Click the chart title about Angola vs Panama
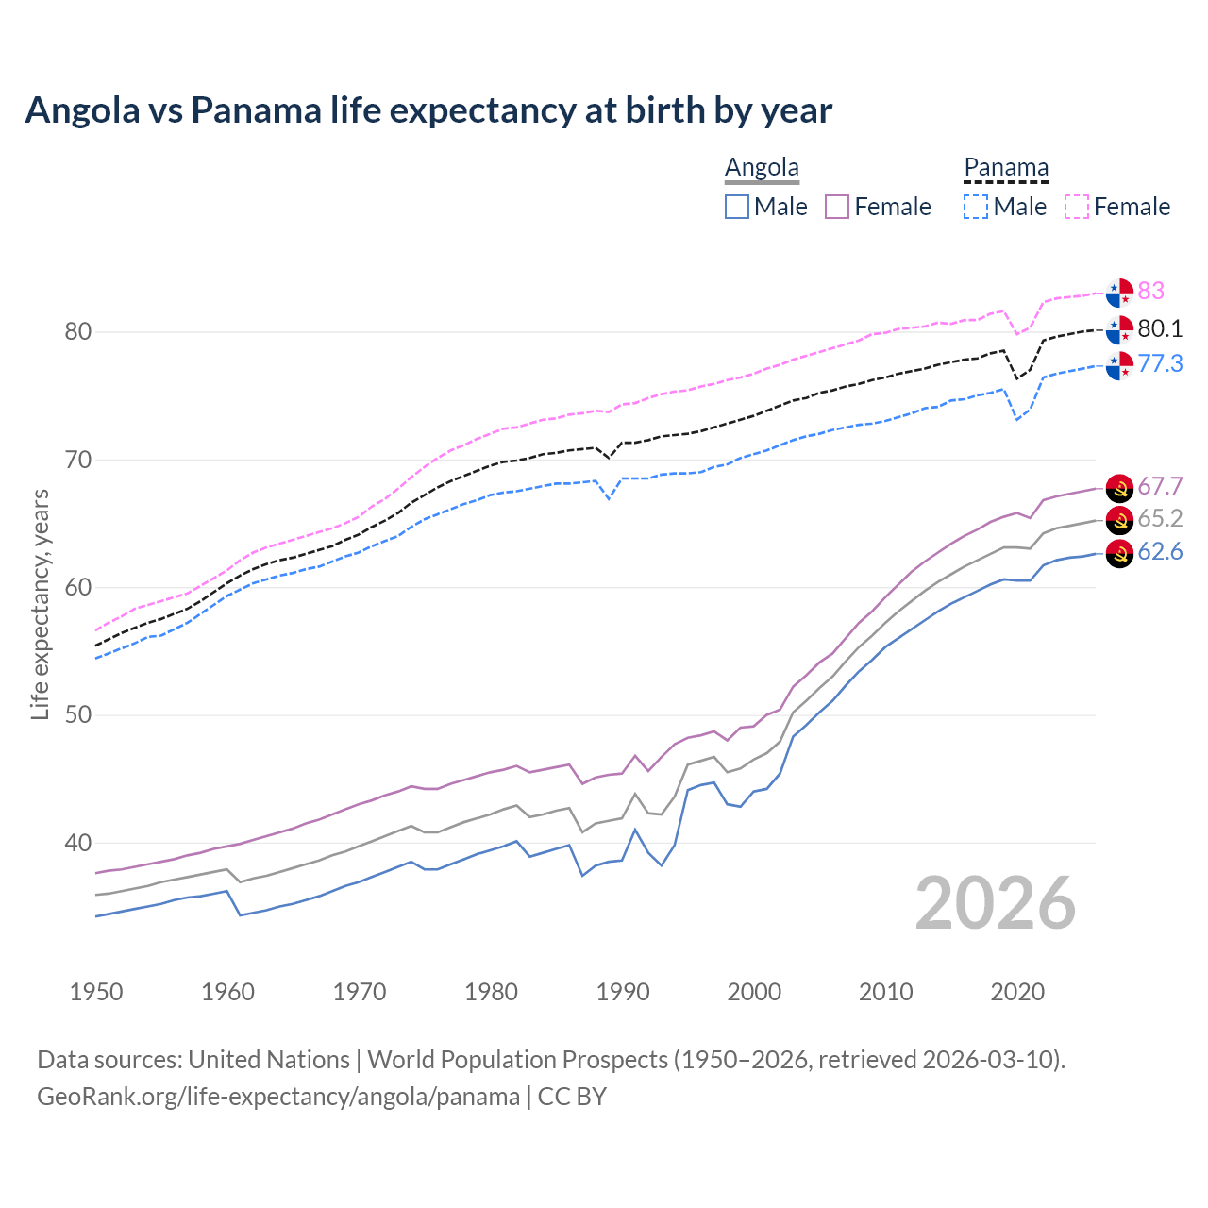point(428,110)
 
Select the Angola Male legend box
point(737,207)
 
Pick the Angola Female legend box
point(837,207)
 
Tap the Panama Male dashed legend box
point(976,207)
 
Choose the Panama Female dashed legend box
point(1077,207)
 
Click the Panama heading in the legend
point(1006,168)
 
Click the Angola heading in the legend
point(762,168)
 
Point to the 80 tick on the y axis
point(78,332)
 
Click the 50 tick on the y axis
point(78,715)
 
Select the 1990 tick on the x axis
point(623,992)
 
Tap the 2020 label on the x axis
point(1017,992)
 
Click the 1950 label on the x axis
point(96,992)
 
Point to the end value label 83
point(1151,291)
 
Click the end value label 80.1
point(1160,328)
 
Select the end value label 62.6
point(1160,552)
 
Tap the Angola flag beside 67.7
point(1119,487)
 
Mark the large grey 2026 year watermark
point(996,904)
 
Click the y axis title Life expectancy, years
point(40,604)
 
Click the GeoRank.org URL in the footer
point(278,1097)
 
